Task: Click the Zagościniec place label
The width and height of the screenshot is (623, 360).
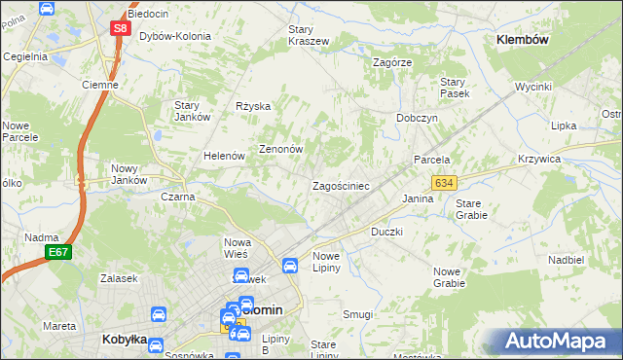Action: click(340, 185)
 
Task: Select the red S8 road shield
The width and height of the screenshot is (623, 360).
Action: click(120, 29)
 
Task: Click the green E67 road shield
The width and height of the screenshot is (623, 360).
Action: click(56, 253)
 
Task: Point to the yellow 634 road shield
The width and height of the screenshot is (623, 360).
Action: click(444, 182)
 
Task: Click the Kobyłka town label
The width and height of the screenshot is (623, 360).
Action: click(124, 340)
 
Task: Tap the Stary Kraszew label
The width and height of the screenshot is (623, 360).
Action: click(308, 36)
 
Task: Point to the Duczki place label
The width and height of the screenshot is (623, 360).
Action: click(386, 233)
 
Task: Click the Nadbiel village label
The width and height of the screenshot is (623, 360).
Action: click(566, 260)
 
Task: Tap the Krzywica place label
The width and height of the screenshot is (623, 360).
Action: click(567, 159)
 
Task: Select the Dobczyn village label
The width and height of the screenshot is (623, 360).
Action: click(417, 117)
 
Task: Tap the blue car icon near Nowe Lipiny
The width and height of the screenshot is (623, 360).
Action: click(290, 265)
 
